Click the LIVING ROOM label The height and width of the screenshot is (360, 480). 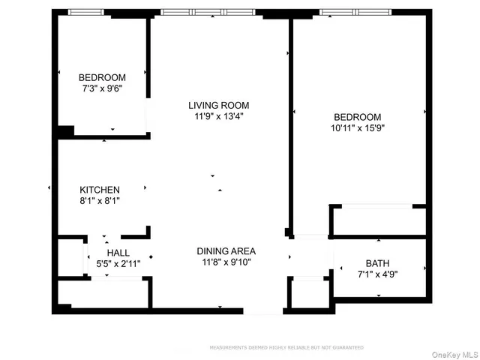218,106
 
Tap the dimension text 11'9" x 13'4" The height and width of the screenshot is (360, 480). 218,116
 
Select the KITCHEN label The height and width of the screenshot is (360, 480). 100,190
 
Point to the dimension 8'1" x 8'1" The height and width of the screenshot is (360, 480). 100,201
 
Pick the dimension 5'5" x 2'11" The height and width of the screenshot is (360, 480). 118,263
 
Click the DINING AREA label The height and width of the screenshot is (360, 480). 226,251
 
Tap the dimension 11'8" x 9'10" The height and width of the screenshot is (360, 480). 226,262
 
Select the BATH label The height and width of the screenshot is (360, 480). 377,262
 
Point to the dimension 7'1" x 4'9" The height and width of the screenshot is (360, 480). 377,274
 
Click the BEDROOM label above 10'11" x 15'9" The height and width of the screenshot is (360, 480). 357,117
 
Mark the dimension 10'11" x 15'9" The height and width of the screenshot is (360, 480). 357,127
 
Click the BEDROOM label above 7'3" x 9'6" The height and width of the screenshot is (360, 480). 102,77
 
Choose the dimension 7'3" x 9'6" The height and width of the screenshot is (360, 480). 102,88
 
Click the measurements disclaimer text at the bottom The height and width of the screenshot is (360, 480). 286,347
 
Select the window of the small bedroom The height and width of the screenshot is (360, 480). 85,13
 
